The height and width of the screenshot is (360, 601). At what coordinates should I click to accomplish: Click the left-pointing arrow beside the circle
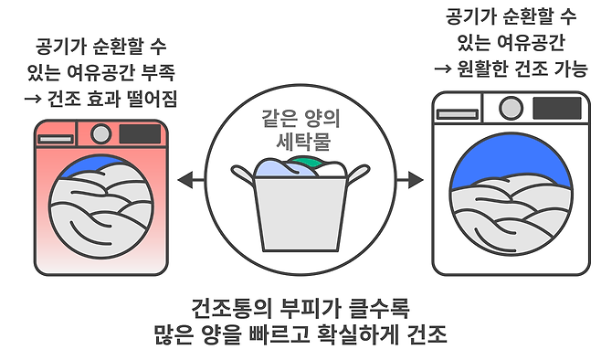pyautogui.click(x=191, y=179)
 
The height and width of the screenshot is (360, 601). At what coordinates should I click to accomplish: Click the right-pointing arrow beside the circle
pyautogui.click(x=410, y=179)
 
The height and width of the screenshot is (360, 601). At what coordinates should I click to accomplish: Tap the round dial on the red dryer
pyautogui.click(x=100, y=133)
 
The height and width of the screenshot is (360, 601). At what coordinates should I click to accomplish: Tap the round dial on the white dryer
pyautogui.click(x=511, y=108)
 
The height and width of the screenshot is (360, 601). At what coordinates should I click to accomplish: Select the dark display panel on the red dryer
pyautogui.click(x=140, y=133)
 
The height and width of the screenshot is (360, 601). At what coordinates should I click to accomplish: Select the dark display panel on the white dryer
pyautogui.click(x=557, y=108)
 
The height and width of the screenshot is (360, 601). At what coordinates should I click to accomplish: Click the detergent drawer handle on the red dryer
pyautogui.click(x=55, y=139)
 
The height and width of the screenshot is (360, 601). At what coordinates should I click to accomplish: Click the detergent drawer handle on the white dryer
pyautogui.click(x=458, y=114)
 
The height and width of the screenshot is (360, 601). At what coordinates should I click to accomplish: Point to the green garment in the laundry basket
pyautogui.click(x=305, y=162)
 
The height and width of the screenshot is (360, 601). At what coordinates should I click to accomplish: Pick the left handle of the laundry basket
pyautogui.click(x=243, y=174)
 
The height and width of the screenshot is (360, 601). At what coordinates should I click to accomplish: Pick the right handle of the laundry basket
pyautogui.click(x=358, y=173)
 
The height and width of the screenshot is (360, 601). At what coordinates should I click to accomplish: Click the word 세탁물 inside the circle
pyautogui.click(x=303, y=142)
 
